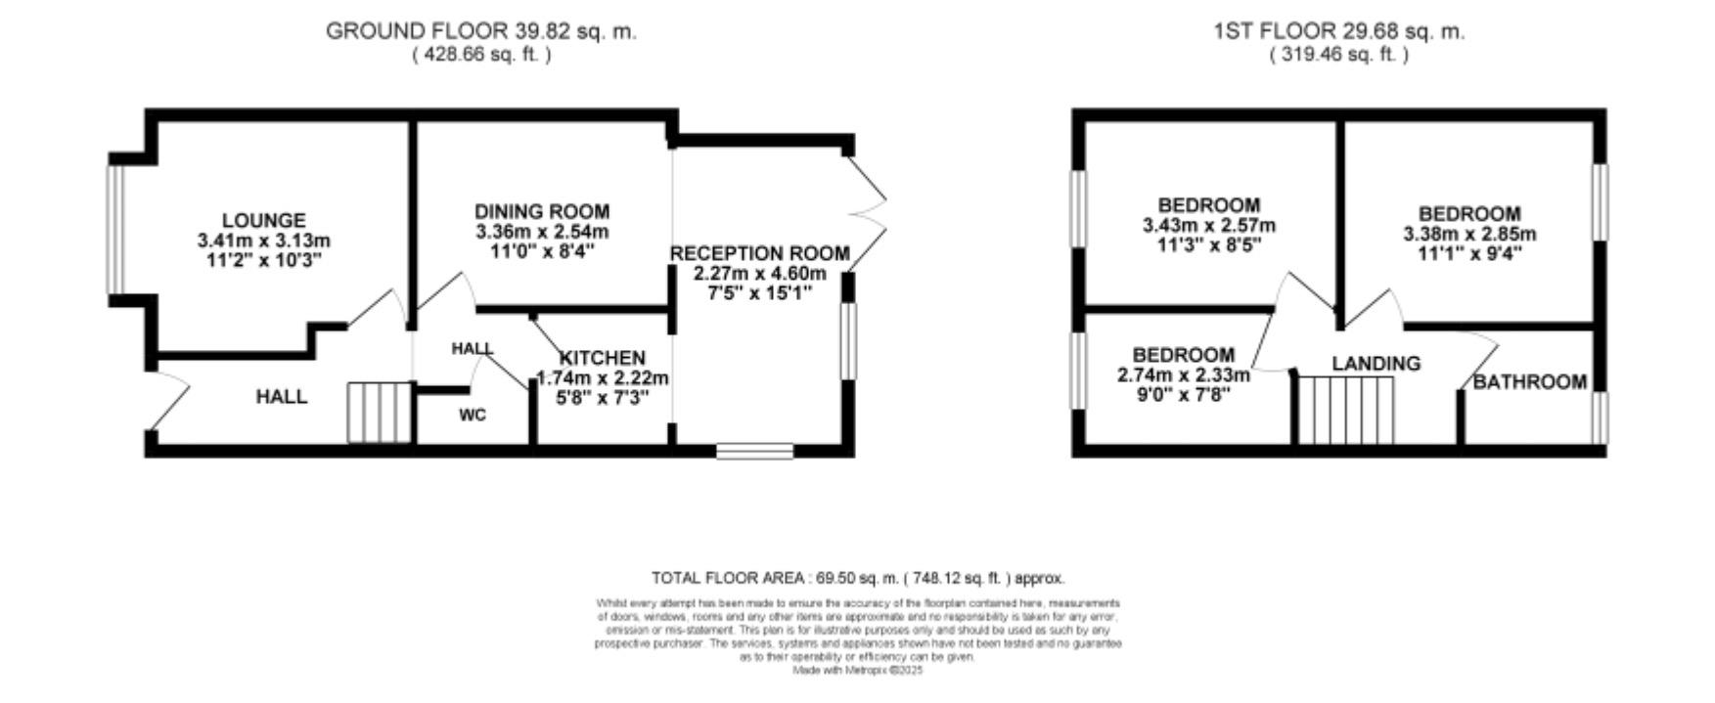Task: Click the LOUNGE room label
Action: click(263, 221)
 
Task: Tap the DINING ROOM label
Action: click(542, 211)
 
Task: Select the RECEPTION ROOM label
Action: click(759, 253)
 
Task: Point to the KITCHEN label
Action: click(602, 358)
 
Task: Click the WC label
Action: click(473, 416)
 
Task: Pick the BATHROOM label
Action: click(1530, 382)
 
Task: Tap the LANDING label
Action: click(1376, 364)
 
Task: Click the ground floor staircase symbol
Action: click(378, 414)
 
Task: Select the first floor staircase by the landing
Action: click(1345, 411)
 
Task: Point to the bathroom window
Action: click(1599, 417)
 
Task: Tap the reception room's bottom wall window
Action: click(754, 451)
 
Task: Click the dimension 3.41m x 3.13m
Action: click(263, 241)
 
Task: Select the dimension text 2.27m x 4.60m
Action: click(759, 273)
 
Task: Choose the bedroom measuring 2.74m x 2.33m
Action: click(1183, 374)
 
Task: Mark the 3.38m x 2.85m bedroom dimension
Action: click(1469, 235)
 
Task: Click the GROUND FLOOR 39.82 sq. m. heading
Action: click(480, 31)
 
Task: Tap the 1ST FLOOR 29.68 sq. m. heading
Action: click(1338, 31)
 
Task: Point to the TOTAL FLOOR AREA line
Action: click(857, 578)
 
